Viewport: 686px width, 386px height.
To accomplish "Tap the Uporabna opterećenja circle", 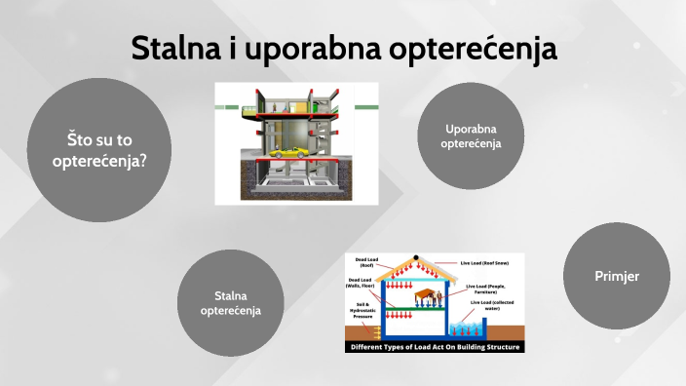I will [x=471, y=135].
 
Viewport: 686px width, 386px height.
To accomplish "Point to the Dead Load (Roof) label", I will [x=368, y=262].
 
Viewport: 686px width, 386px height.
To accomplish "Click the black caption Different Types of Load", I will [x=435, y=346].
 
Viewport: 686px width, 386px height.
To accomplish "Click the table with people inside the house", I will [x=426, y=295].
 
